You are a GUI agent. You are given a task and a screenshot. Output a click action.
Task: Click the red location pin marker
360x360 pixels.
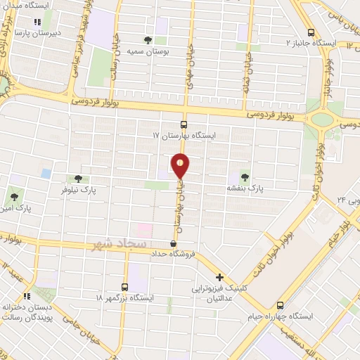[181, 165]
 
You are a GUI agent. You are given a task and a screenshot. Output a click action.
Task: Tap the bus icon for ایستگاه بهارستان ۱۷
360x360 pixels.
[184, 122]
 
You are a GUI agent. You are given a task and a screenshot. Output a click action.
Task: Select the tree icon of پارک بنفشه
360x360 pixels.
[245, 176]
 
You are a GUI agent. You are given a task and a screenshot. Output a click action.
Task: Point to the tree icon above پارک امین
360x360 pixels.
[13, 195]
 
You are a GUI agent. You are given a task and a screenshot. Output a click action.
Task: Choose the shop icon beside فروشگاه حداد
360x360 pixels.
[173, 243]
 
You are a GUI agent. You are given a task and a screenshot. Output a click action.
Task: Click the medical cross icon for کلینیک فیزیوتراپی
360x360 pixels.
[219, 278]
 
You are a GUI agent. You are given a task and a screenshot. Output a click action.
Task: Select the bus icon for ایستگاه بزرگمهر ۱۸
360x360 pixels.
[125, 287]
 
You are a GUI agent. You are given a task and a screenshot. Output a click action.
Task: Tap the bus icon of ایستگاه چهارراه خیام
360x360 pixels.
[281, 306]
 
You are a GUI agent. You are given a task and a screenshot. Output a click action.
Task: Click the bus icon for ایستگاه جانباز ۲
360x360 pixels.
[311, 32]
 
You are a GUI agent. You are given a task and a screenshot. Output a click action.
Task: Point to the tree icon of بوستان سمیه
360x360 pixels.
[147, 40]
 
